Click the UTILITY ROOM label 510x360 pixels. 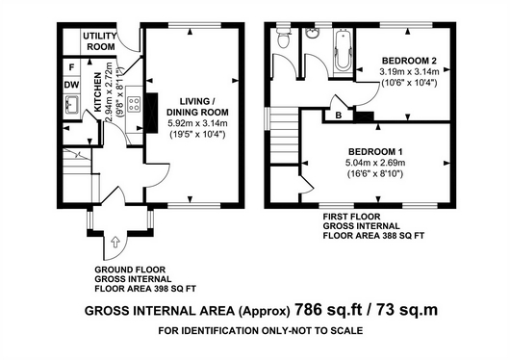click(x=99, y=41)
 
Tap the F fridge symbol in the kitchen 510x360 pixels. click(x=71, y=67)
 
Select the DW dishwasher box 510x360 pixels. click(x=71, y=85)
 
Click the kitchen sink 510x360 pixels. click(x=71, y=105)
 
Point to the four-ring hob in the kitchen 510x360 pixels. click(x=134, y=104)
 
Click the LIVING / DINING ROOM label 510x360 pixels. click(x=197, y=107)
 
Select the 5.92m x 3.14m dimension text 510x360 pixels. click(x=197, y=123)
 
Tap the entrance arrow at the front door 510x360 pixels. click(x=115, y=243)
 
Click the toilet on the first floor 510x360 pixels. click(x=283, y=38)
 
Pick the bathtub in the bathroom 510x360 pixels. click(x=344, y=50)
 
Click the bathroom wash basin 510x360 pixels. click(x=313, y=33)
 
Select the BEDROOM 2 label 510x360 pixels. click(x=409, y=61)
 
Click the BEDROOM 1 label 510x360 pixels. click(x=375, y=152)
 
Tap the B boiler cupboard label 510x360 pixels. click(x=339, y=116)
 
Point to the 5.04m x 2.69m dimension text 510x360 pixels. click(x=375, y=163)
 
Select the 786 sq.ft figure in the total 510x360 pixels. click(x=328, y=310)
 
